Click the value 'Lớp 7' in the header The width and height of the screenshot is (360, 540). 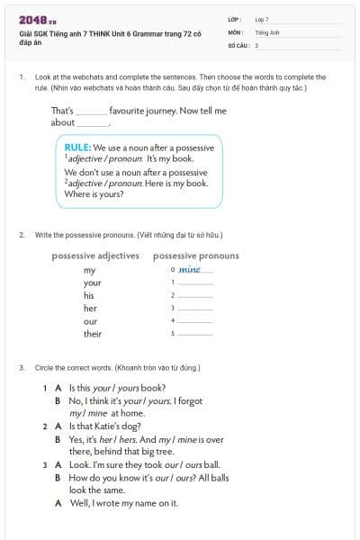click(262, 19)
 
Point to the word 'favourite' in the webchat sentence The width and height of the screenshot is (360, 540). click(134, 111)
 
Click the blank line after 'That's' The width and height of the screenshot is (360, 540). click(91, 112)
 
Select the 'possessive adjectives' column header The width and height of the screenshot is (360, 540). click(95, 256)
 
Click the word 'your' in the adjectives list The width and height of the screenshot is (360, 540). click(92, 283)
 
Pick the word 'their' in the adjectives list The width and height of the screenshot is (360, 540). click(93, 333)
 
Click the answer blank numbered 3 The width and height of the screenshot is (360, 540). click(195, 309)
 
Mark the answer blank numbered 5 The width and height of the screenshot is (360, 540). click(195, 334)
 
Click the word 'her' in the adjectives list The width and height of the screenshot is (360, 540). click(90, 308)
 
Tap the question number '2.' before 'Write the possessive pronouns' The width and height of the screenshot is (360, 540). click(22, 235)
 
